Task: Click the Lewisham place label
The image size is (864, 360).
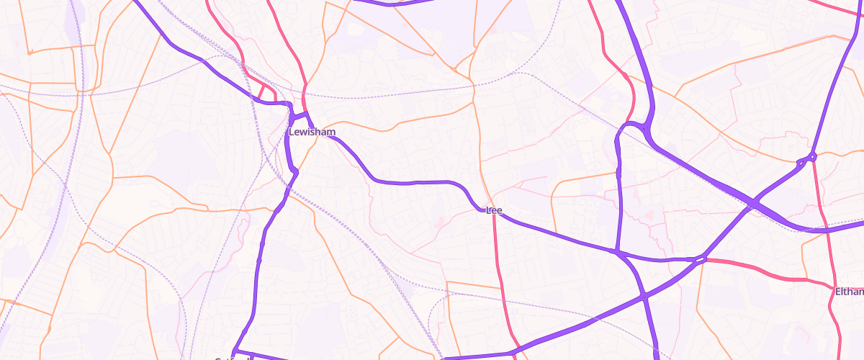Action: click(311, 132)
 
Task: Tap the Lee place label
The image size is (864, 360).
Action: click(494, 210)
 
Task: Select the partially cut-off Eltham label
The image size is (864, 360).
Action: click(849, 292)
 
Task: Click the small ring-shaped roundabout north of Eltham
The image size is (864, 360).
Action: click(812, 156)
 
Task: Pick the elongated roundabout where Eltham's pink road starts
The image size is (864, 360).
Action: click(701, 259)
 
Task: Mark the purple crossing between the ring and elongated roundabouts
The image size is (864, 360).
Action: click(752, 205)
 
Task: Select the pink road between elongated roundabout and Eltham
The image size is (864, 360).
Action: click(763, 274)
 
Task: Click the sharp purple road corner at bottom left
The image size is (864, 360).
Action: click(235, 351)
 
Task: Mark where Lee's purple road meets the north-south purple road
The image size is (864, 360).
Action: click(617, 251)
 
